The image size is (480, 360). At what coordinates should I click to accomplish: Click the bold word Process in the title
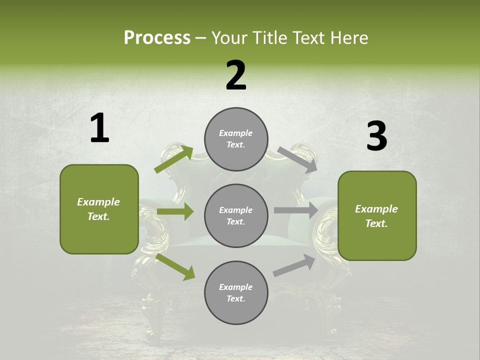[157, 37]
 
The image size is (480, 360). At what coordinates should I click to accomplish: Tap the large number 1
[99, 128]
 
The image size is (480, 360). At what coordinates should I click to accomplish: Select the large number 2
[236, 75]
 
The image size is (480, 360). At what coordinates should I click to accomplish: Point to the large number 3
[376, 136]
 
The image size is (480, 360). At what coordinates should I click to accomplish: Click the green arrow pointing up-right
[173, 159]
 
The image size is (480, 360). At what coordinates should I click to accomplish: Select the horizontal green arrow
[175, 211]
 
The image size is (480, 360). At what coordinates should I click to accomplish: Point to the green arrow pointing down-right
[175, 266]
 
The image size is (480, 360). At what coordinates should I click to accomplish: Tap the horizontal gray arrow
[295, 210]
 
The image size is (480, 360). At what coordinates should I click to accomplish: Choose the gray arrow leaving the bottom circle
[294, 265]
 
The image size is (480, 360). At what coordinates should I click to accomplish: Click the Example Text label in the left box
[98, 209]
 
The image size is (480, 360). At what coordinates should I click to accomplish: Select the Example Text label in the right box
[376, 216]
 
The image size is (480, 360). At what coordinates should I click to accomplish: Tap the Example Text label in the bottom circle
[236, 292]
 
